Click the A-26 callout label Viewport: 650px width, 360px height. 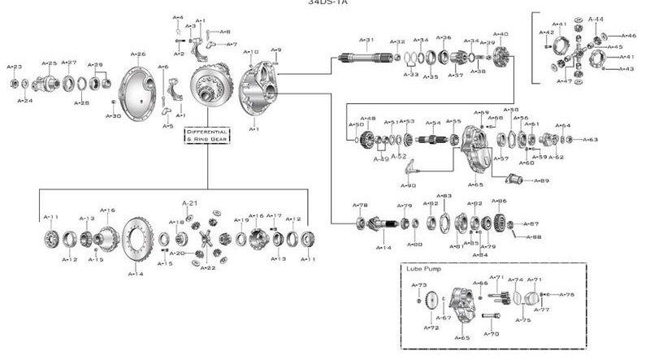point(140,54)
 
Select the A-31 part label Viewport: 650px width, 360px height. point(367,39)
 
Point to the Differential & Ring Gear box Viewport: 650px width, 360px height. point(207,135)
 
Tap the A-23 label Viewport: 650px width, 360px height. point(15,66)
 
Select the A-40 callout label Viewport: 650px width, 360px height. point(501,34)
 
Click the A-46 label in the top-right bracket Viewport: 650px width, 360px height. point(629,36)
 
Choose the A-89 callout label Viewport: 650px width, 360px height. point(541,180)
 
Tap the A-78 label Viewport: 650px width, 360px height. point(360,205)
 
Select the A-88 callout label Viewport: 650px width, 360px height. point(533,236)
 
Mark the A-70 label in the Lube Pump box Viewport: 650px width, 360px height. point(492,333)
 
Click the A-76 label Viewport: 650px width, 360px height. point(567,294)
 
